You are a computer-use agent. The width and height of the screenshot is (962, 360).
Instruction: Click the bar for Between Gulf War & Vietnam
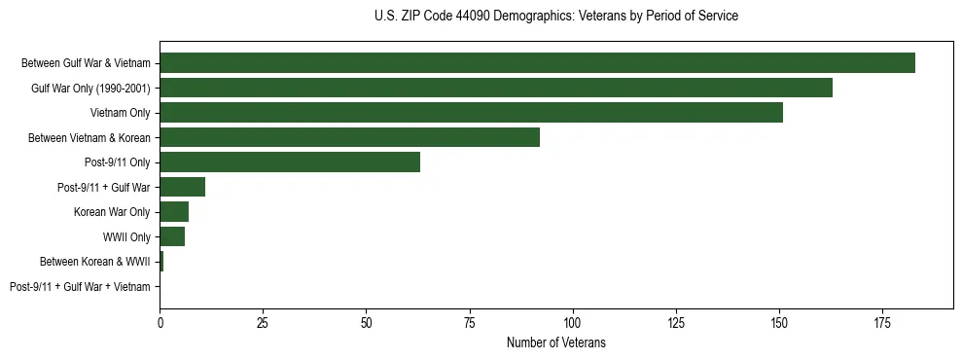pyautogui.click(x=537, y=63)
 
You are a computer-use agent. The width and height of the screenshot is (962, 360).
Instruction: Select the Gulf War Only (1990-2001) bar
pyautogui.click(x=496, y=88)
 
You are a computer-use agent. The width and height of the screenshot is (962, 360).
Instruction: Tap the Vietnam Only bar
pyautogui.click(x=471, y=113)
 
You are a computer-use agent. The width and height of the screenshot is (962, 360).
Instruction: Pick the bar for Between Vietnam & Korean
pyautogui.click(x=349, y=137)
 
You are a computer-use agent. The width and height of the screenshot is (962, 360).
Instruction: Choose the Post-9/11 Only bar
pyautogui.click(x=290, y=162)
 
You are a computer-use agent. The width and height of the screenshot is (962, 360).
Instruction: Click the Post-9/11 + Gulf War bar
pyautogui.click(x=182, y=187)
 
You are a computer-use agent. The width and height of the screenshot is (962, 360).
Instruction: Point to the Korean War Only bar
pyautogui.click(x=174, y=212)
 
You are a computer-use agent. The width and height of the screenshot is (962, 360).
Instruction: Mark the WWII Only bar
pyautogui.click(x=172, y=236)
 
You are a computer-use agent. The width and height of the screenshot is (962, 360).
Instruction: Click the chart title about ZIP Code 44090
pyautogui.click(x=555, y=17)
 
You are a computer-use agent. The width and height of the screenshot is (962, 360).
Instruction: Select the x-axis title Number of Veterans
pyautogui.click(x=555, y=342)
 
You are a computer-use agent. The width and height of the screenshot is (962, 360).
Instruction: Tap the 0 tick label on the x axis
pyautogui.click(x=160, y=322)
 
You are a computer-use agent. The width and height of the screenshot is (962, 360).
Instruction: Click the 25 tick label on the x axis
pyautogui.click(x=263, y=322)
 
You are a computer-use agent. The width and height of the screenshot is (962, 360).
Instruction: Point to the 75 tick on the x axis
pyautogui.click(x=469, y=322)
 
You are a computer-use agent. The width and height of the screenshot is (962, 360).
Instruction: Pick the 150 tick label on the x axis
pyautogui.click(x=778, y=322)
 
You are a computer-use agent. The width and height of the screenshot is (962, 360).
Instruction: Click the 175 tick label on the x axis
pyautogui.click(x=881, y=322)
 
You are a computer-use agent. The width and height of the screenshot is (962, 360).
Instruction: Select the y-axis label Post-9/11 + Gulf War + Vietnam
pyautogui.click(x=80, y=287)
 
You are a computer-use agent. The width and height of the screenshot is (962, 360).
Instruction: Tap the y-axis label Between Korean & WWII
pyautogui.click(x=94, y=262)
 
